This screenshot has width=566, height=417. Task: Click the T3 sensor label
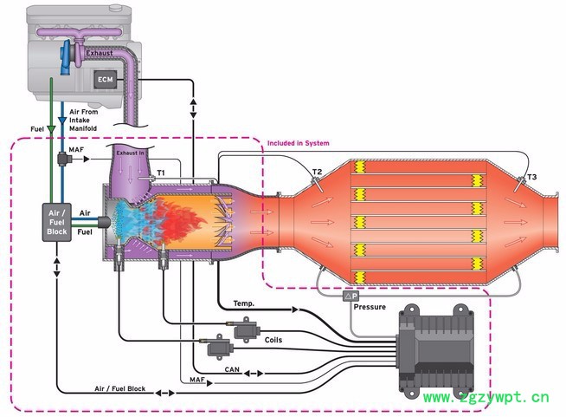tap(531, 177)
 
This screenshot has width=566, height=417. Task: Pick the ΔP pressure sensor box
tap(351, 296)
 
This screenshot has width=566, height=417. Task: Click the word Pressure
tap(370, 307)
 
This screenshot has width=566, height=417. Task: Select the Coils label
tap(273, 339)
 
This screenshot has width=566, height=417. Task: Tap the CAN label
tap(231, 370)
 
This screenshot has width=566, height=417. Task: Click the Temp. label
tap(243, 303)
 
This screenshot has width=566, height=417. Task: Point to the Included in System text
tap(299, 143)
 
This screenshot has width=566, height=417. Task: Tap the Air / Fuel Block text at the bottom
tap(120, 389)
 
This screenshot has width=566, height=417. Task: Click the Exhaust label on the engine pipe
tap(100, 54)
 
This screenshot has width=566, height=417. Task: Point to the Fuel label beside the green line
tap(37, 129)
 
